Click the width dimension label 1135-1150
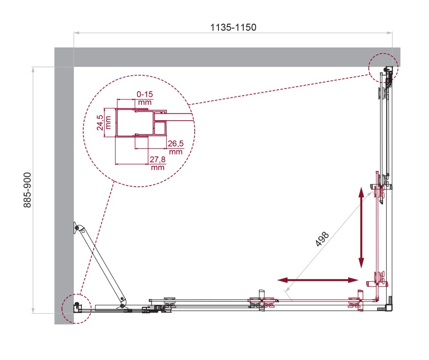[x=233, y=27]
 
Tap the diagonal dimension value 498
[x=322, y=239]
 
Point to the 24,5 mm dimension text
[x=100, y=122]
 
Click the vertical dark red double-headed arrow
[x=361, y=228]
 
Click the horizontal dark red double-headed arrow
[x=318, y=280]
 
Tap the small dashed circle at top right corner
[x=383, y=68]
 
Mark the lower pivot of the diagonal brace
[x=122, y=305]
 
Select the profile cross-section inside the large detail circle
[x=139, y=122]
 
